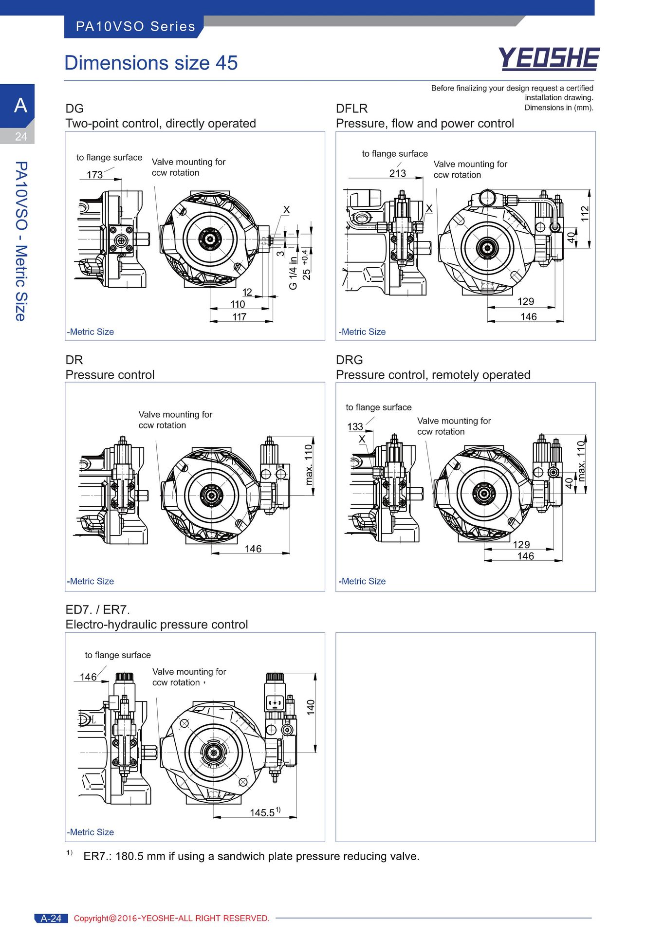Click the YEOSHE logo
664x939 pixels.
pyautogui.click(x=549, y=59)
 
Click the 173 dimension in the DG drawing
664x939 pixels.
pyautogui.click(x=94, y=174)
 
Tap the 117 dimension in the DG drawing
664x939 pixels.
pyautogui.click(x=240, y=317)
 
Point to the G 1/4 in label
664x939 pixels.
pyautogui.click(x=293, y=273)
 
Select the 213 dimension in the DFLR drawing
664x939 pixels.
pyautogui.click(x=398, y=173)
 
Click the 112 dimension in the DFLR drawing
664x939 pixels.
pyautogui.click(x=585, y=214)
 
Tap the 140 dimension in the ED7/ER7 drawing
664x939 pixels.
pyautogui.click(x=311, y=707)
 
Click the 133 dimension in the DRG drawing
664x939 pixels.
pyautogui.click(x=355, y=426)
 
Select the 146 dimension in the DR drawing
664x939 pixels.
pyautogui.click(x=253, y=549)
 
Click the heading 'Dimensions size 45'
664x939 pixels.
pyautogui.click(x=151, y=63)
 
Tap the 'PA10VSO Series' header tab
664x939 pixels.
pyautogui.click(x=135, y=26)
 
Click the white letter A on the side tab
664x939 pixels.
pyautogui.click(x=20, y=105)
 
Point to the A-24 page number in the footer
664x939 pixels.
pyautogui.click(x=51, y=918)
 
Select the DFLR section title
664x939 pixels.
pyautogui.click(x=352, y=109)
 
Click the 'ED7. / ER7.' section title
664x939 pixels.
pyautogui.click(x=98, y=609)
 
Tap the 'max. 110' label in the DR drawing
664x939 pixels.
pyautogui.click(x=309, y=465)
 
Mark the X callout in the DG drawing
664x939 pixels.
pyautogui.click(x=287, y=210)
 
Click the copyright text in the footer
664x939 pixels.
pyautogui.click(x=172, y=918)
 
